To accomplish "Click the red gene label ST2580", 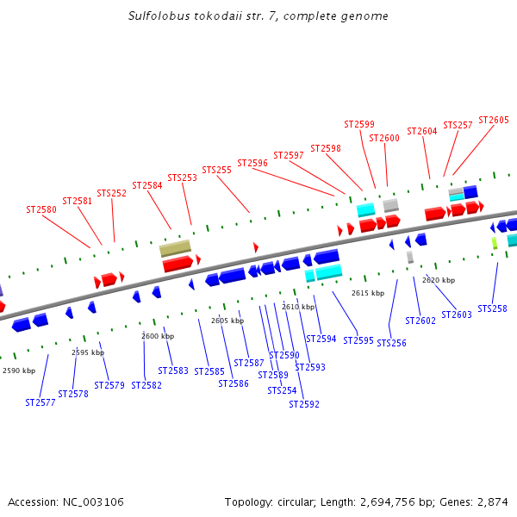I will tap(41, 209).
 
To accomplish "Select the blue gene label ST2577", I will tap(40, 402).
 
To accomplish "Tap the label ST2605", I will tap(494, 121).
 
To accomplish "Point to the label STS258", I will tap(492, 308).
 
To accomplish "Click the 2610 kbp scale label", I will tap(298, 307).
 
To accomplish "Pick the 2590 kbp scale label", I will tap(19, 371).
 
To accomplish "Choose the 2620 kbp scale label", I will tap(439, 280).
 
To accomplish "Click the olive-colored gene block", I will tap(175, 248).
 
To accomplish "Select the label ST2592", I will tap(304, 404).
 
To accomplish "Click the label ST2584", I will tap(147, 185).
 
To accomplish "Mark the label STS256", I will tap(391, 343).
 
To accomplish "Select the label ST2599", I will tap(359, 125).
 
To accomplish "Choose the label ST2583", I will tap(173, 371).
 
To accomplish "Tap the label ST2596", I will tap(252, 163).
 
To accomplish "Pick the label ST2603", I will tap(457, 315).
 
